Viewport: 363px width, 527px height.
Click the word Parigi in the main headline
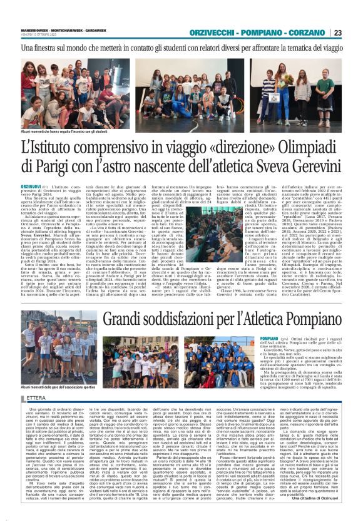point(53,168)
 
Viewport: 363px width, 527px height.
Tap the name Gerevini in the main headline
point(309,168)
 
